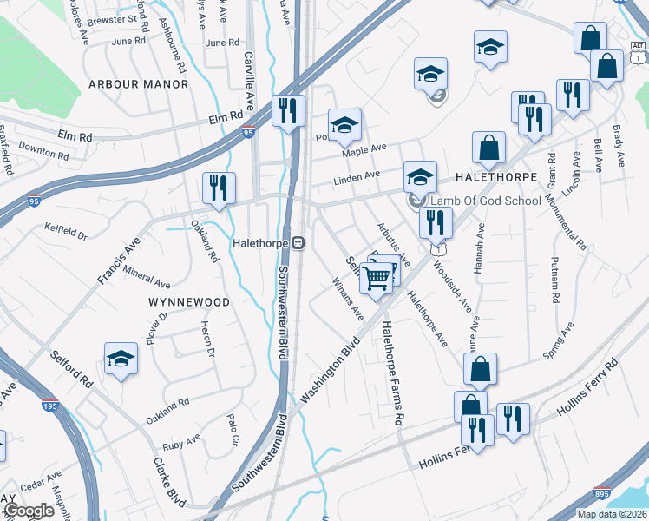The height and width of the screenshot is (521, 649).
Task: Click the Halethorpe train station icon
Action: click(x=298, y=242)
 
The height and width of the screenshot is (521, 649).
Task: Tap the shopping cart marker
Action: click(x=377, y=279)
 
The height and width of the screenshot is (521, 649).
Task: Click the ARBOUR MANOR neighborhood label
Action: click(x=138, y=84)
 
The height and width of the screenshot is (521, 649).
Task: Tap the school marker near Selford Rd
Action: click(x=121, y=359)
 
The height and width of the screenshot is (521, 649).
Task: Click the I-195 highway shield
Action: click(x=52, y=405)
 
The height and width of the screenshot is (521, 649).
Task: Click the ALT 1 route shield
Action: click(x=638, y=48)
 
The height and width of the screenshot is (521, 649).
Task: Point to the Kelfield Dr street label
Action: click(x=66, y=231)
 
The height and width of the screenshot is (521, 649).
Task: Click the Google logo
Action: click(x=29, y=511)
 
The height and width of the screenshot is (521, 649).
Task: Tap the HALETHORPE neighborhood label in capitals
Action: click(x=486, y=176)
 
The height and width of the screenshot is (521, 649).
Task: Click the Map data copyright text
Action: click(x=611, y=514)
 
